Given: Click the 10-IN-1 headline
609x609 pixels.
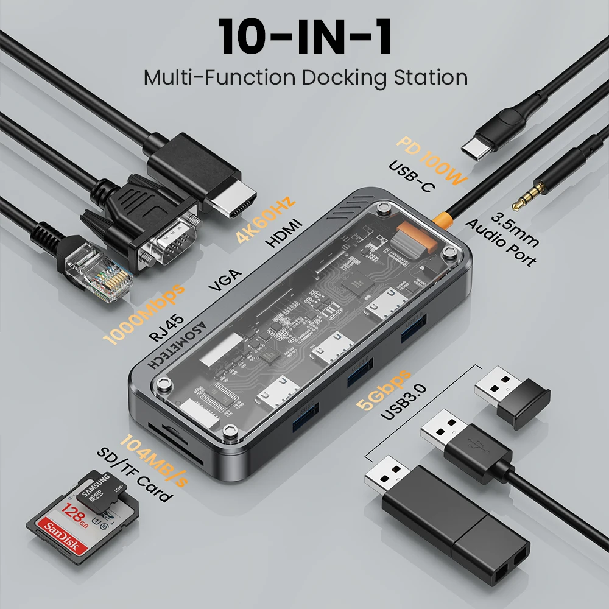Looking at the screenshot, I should (x=304, y=37).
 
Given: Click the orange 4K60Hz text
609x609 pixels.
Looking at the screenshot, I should (x=266, y=219).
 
